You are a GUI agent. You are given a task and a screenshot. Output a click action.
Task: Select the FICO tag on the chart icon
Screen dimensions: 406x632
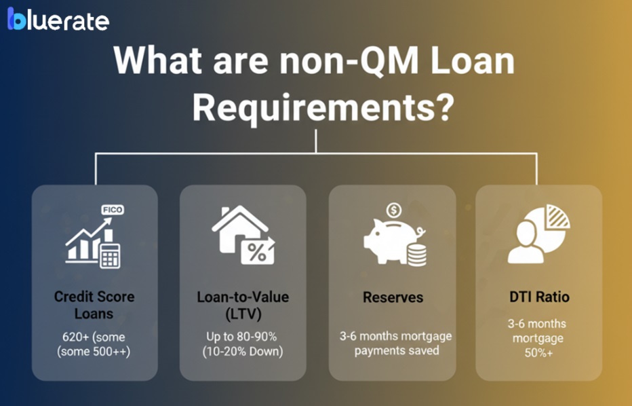(112, 210)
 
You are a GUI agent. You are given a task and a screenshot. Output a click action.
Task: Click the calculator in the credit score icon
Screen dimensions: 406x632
(108, 255)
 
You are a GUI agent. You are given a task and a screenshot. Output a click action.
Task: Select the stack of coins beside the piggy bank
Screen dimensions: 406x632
(417, 253)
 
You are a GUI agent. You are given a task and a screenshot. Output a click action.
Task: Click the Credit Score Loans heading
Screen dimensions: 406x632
(94, 306)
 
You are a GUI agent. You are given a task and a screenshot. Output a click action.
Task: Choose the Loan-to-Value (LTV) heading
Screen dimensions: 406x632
(242, 306)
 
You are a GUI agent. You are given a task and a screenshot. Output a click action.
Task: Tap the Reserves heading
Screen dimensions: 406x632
(393, 297)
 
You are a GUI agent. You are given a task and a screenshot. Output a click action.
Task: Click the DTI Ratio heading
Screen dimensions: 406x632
(539, 297)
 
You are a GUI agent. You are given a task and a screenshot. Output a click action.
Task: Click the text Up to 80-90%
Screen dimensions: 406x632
(242, 337)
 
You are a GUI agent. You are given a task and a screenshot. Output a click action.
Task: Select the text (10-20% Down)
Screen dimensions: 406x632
(242, 351)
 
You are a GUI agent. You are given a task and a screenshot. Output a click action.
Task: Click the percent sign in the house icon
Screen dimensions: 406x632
(257, 253)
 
